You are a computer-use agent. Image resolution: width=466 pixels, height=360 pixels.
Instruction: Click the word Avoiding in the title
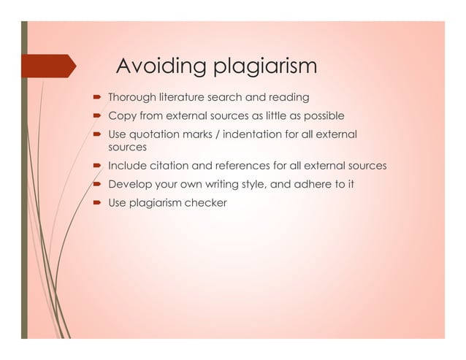[x=153, y=66]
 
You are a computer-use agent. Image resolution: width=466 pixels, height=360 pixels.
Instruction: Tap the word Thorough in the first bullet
[x=131, y=97]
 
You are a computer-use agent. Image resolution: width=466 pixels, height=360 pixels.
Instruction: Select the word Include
[x=126, y=166]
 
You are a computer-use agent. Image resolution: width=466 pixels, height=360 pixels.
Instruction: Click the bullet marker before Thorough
[x=96, y=97]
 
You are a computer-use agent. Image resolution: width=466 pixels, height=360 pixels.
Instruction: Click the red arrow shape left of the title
[x=51, y=66]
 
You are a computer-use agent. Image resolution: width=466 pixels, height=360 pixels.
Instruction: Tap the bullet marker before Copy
[x=96, y=116]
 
